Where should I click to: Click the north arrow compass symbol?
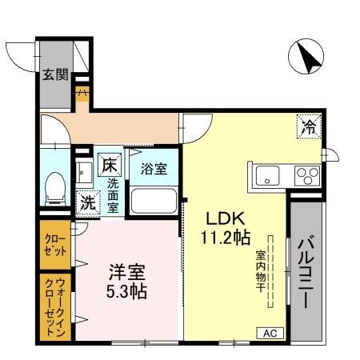306,56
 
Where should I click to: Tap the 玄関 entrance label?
55,74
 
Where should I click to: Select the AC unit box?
270,333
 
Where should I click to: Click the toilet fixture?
55,189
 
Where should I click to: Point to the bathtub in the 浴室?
154,201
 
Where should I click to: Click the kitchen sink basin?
267,175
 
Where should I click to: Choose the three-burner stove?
307,175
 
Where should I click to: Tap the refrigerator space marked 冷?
309,126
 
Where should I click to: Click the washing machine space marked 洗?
88,202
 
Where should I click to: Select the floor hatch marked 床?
110,165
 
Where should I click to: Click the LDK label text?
226,218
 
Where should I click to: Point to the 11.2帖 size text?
226,238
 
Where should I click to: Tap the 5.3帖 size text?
126,291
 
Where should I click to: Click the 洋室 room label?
127,272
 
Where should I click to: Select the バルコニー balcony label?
306,273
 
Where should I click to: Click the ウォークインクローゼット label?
55,306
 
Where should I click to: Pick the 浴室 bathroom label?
154,169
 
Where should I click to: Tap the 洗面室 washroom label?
113,195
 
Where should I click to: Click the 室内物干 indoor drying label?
260,271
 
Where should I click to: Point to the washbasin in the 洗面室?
84,172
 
